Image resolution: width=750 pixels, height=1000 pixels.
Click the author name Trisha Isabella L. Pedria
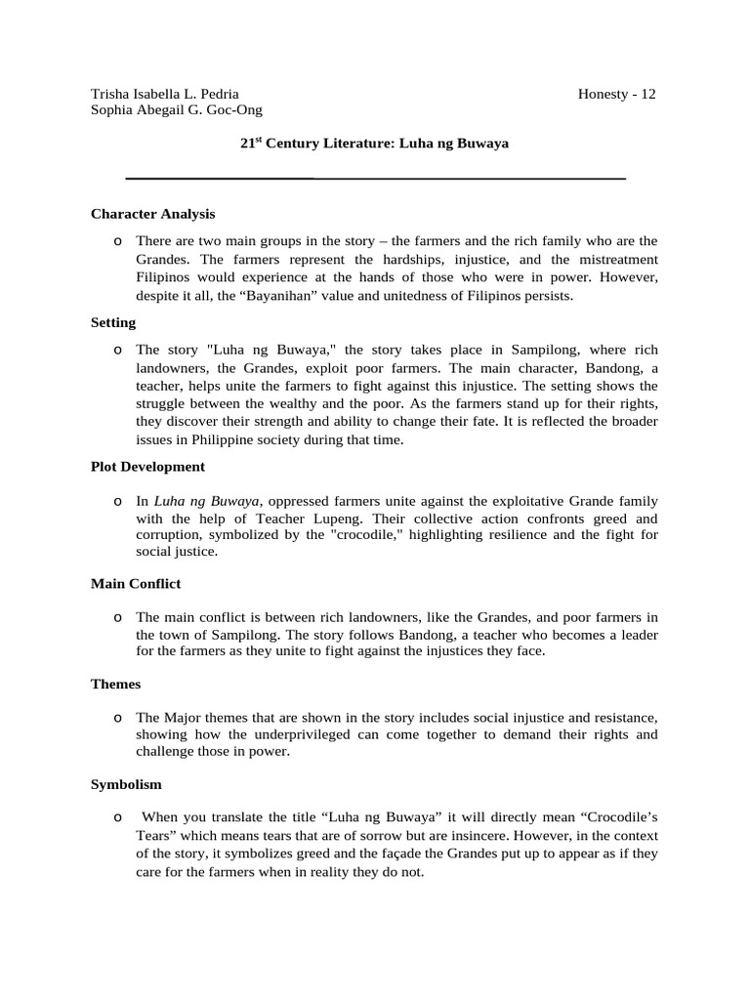point(165,95)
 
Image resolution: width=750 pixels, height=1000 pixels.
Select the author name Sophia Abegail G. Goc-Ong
point(177,111)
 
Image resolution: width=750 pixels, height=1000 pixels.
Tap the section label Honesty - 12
point(616,95)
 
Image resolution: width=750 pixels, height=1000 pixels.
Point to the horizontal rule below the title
point(375,179)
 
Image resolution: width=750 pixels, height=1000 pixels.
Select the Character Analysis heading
point(152,213)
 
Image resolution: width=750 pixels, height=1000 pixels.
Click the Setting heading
point(113,321)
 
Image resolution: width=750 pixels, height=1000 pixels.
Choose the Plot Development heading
point(147,466)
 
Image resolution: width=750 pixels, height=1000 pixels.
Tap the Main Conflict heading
point(136,583)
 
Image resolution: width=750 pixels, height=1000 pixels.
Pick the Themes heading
point(115,684)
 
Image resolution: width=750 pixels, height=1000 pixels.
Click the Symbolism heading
point(126,784)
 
